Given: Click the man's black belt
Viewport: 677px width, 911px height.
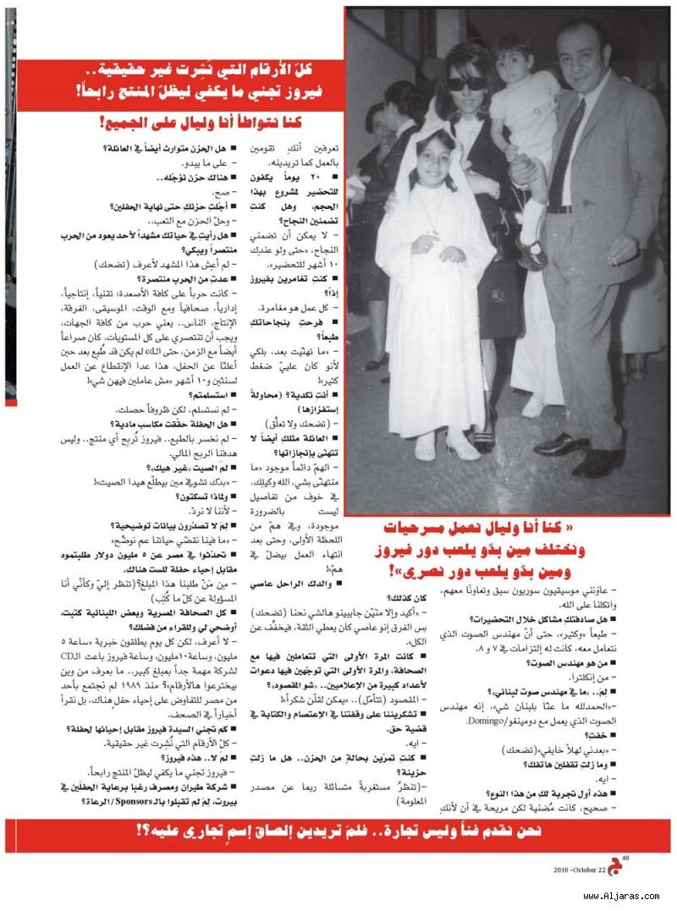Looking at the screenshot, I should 567,209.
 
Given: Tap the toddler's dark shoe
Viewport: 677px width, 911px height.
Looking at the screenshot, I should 532,254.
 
